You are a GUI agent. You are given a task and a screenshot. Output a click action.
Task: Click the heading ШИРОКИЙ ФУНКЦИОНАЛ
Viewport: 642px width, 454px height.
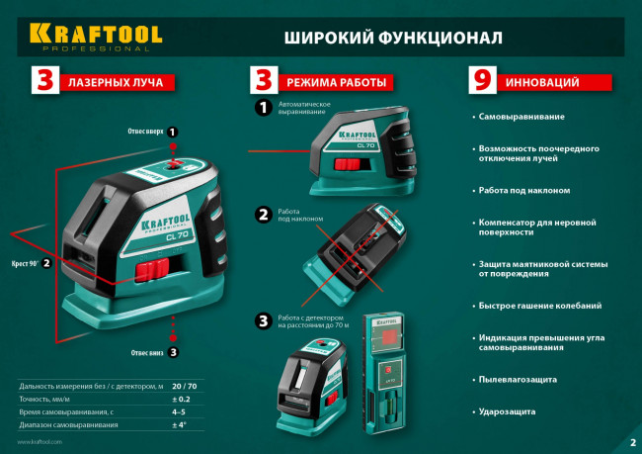392,38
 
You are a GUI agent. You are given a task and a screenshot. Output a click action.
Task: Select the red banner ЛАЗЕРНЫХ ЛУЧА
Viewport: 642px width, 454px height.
118,82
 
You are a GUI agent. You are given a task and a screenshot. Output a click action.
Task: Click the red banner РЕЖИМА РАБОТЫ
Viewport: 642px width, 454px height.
336,82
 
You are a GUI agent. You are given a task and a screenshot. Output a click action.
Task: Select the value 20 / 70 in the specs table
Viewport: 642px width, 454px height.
184,385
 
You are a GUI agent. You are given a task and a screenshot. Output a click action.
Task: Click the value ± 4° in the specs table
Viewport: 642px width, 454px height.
179,424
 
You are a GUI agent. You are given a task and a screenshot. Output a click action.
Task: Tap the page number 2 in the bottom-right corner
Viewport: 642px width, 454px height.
632,442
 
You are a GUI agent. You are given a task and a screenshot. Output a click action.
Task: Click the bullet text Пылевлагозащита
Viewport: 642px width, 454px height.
518,379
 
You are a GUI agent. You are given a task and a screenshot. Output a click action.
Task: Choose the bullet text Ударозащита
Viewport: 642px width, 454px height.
508,410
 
